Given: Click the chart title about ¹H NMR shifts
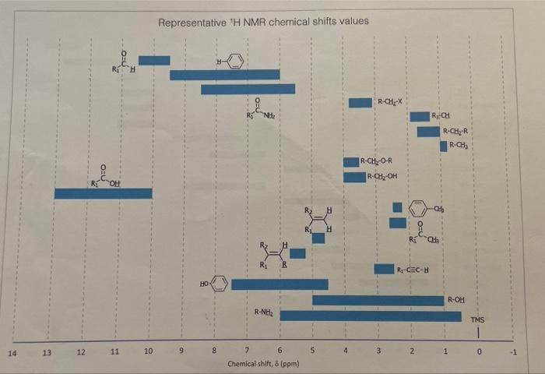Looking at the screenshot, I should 263,21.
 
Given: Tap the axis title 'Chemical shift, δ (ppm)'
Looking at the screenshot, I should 263,364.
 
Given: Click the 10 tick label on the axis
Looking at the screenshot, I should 148,353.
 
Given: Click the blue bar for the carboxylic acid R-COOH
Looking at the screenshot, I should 103,193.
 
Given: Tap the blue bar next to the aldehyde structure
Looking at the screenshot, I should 154,60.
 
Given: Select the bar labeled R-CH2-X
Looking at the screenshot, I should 360,103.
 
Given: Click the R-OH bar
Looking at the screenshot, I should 378,300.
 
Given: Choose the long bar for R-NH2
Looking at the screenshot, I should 370,316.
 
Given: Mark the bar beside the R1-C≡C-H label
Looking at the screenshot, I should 383,269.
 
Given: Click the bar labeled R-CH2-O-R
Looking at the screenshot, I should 351,161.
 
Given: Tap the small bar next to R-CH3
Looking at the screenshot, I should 444,146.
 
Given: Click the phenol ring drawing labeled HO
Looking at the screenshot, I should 220,284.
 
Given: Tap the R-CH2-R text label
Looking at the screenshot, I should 454,132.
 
